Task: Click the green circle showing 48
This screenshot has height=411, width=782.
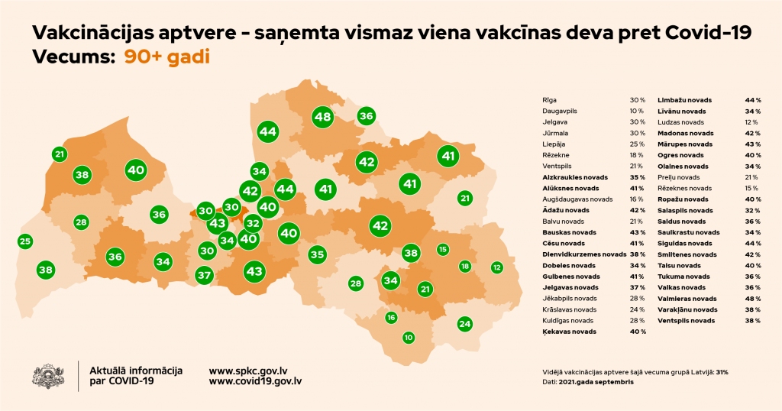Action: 322,117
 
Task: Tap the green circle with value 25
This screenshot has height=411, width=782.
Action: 25,241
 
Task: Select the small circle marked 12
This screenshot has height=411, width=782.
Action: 496,267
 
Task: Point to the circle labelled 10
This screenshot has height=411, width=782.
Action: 409,337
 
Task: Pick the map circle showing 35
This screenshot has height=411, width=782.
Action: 317,254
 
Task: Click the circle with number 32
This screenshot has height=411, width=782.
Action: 254,224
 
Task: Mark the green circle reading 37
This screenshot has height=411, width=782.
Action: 204,275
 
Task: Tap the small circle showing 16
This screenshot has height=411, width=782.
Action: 391,317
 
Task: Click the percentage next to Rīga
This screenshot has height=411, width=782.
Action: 637,100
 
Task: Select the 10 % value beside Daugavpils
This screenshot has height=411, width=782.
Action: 637,111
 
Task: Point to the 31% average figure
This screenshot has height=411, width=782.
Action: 722,372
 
